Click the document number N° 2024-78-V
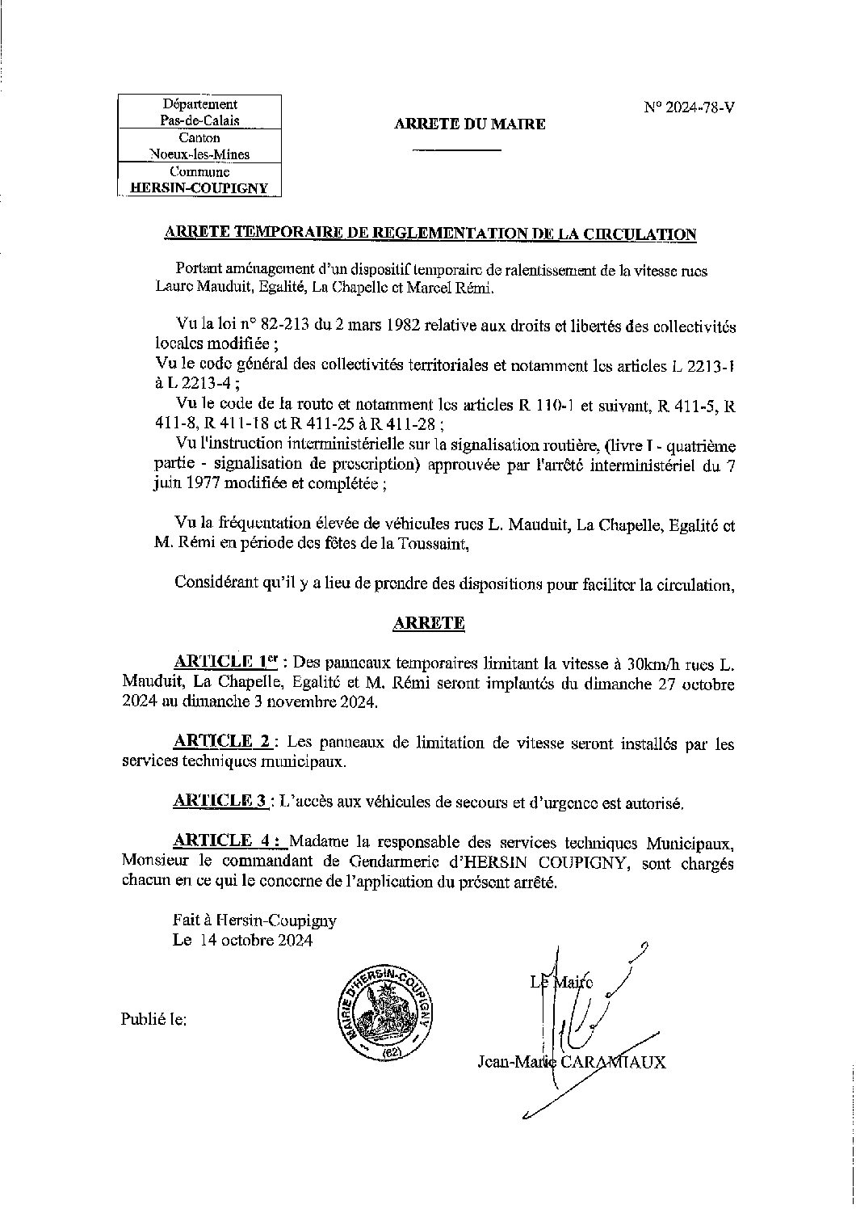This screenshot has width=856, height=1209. (690, 107)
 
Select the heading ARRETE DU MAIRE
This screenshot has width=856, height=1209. (469, 124)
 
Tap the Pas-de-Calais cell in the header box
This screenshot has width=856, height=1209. (199, 120)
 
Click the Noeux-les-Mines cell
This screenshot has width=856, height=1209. (199, 154)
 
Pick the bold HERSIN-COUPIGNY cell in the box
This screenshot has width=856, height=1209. (199, 188)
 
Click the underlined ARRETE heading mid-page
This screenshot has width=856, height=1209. (428, 623)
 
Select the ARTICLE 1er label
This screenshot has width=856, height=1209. (225, 663)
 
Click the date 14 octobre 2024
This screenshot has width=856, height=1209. (253, 942)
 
